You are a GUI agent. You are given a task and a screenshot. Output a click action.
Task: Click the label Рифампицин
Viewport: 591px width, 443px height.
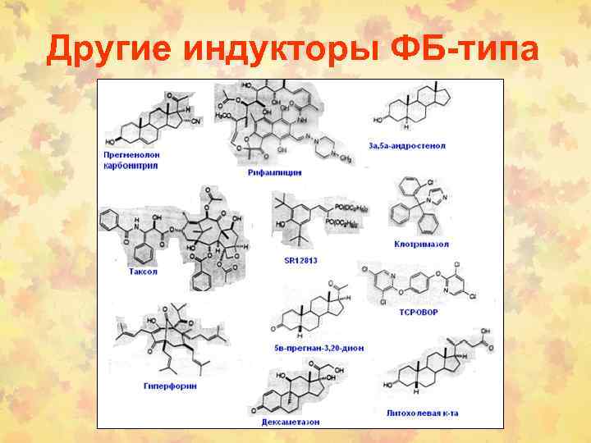tap(274, 173)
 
